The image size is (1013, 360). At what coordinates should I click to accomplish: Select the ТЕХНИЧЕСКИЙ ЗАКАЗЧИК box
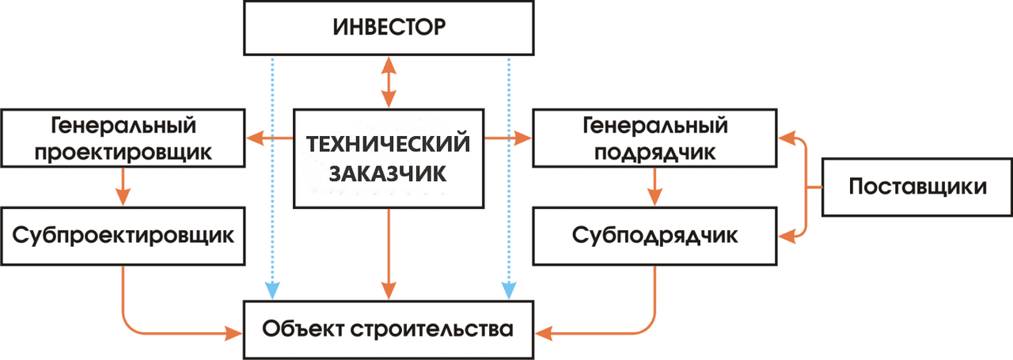388,158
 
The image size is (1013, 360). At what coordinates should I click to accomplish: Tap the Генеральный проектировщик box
123,138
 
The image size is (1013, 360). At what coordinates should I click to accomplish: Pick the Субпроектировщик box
123,236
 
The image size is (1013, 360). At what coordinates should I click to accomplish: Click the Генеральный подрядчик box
654,138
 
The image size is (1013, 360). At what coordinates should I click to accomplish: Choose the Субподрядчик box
654,236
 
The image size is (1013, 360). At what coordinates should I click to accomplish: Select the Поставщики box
917,187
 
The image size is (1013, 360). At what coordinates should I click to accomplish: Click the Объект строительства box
389,328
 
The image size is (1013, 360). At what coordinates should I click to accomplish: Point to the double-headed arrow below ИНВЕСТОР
389,81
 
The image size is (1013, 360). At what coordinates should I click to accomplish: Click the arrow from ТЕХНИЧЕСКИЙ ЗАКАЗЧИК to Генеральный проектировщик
269,139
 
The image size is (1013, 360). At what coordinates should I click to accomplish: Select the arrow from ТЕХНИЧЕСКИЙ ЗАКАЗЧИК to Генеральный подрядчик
507,139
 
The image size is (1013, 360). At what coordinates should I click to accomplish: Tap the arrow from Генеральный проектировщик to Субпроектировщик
123,188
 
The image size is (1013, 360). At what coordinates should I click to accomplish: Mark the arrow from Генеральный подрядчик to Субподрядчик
654,188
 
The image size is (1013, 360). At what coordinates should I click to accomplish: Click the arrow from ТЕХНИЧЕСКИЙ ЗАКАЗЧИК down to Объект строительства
389,253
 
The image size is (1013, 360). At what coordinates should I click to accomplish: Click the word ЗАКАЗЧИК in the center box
388,173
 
